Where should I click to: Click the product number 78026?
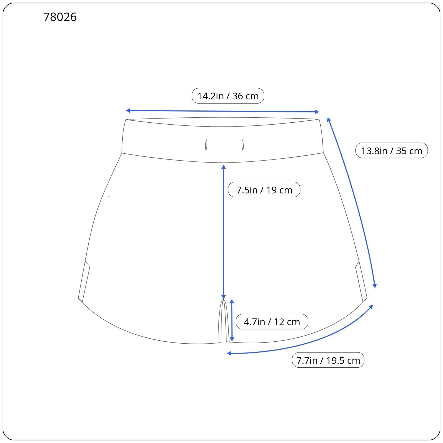point(60,17)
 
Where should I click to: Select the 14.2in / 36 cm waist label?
point(228,96)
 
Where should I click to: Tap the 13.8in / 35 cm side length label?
point(392,151)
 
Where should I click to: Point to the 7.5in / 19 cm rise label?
point(264,190)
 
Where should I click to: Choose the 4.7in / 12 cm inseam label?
point(272,322)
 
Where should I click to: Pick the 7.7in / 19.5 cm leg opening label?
point(328,360)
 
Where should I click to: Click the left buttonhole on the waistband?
point(206,145)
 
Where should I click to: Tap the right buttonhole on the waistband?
point(243,145)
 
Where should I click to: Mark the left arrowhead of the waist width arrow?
point(128,110)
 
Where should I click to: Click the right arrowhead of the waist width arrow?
point(317,112)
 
